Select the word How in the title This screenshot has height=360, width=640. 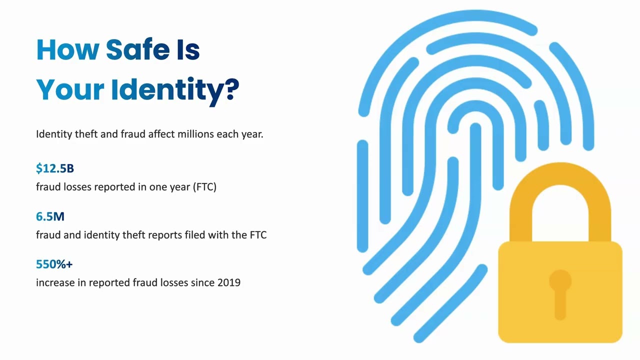(x=68, y=49)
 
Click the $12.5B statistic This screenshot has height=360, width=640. (x=55, y=168)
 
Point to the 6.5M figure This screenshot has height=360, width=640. (x=50, y=216)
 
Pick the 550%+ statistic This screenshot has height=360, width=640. (x=54, y=264)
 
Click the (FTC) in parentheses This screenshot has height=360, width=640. (x=204, y=187)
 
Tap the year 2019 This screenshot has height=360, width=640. (x=229, y=282)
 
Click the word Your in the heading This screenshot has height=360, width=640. (x=70, y=90)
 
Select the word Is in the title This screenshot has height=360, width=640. (x=187, y=49)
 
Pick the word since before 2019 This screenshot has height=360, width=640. (x=202, y=282)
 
